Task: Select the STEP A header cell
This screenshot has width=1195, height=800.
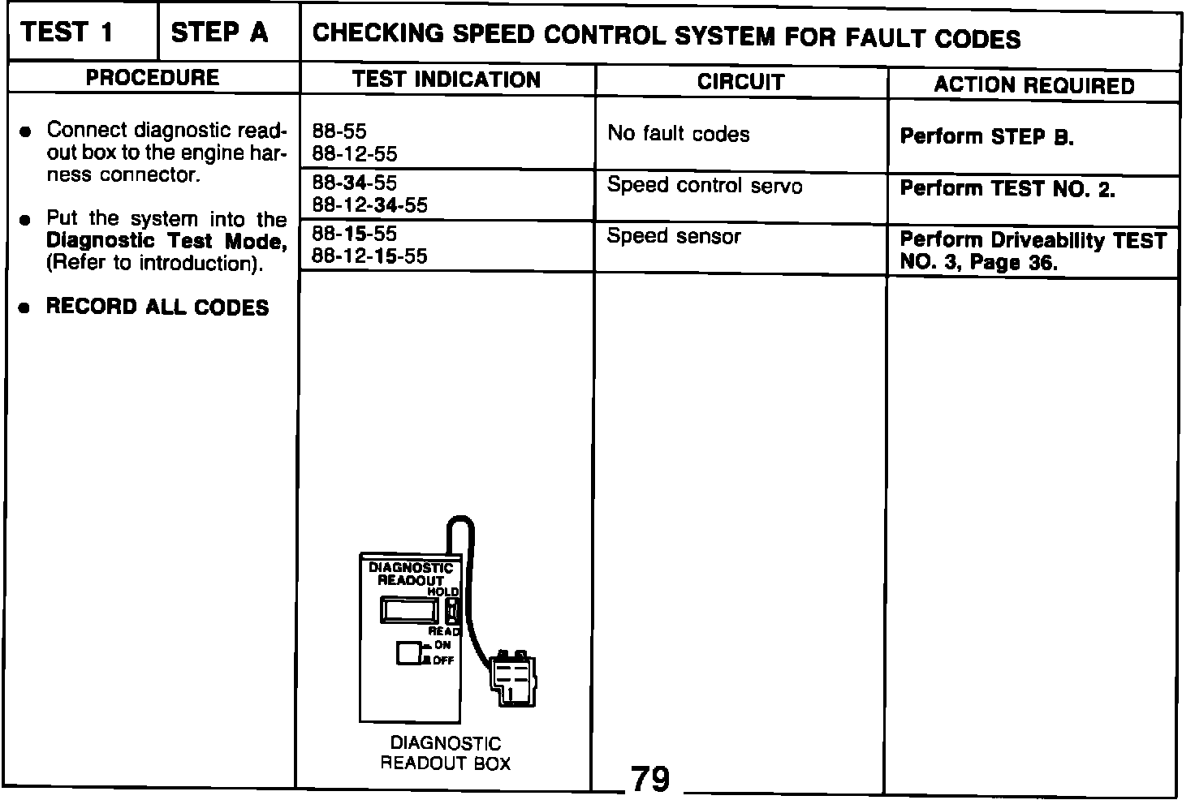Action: (219, 33)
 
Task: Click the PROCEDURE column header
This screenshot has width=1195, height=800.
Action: (153, 78)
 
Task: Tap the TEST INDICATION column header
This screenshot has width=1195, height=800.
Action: (447, 80)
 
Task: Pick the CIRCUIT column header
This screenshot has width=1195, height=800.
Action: (740, 82)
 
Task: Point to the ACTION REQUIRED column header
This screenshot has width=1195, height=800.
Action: (1033, 85)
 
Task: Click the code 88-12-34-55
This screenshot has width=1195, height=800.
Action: (369, 205)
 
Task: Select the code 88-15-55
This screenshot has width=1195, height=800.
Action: (355, 234)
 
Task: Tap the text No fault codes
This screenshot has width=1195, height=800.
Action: (678, 134)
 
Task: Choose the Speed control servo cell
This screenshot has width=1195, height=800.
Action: (704, 186)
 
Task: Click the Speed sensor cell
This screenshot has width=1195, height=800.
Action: (674, 236)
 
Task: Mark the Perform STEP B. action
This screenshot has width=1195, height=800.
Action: (986, 136)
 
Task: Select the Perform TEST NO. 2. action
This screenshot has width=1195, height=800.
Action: (1007, 189)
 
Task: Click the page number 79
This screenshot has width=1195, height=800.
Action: (649, 780)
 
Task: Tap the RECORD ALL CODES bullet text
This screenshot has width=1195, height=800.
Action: (157, 308)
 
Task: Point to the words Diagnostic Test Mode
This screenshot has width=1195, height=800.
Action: (166, 241)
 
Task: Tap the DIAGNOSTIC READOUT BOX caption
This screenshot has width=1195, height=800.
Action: (446, 753)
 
